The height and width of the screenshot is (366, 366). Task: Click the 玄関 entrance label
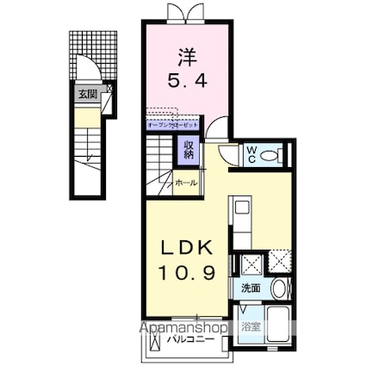click(88, 95)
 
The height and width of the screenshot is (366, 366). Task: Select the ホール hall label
click(186, 183)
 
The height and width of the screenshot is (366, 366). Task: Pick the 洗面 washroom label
click(251, 288)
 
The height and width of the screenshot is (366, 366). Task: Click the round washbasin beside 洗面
click(279, 289)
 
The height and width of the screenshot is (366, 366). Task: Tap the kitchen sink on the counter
click(240, 208)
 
